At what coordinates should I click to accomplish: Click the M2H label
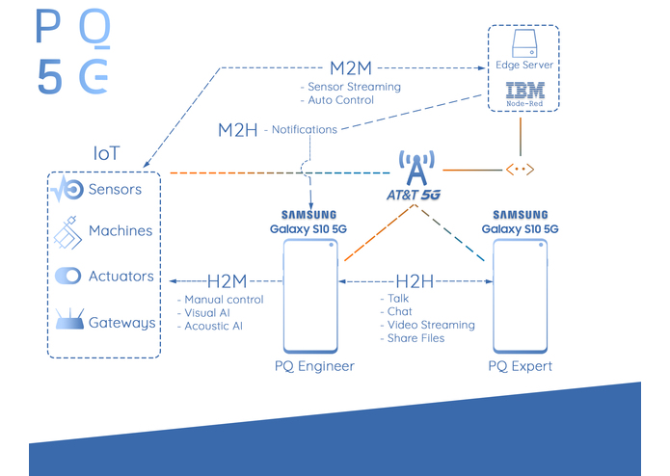[237, 129]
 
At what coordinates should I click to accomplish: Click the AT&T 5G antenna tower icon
[415, 170]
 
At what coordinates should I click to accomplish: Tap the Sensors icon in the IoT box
[68, 189]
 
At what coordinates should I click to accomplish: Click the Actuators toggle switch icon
[68, 277]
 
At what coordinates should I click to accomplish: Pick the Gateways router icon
[68, 322]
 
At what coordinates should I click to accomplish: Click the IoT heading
[108, 153]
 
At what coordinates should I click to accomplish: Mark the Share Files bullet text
[415, 338]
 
